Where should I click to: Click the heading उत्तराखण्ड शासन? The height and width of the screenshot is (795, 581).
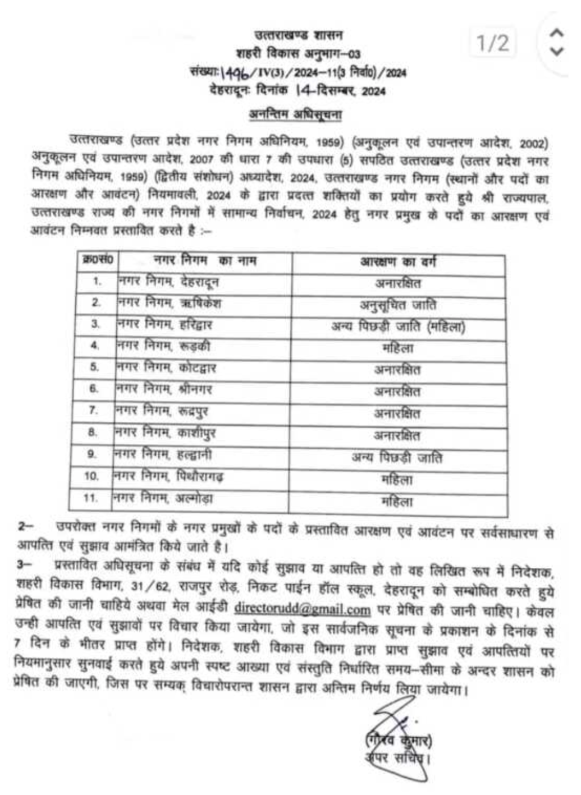298,35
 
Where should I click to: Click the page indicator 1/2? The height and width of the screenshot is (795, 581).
493,43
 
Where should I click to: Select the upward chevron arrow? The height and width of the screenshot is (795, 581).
556,33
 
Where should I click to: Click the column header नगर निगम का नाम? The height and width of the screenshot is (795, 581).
205,261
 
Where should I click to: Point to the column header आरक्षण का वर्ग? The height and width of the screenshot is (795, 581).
398,262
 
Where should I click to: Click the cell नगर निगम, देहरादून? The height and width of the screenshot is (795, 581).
168,282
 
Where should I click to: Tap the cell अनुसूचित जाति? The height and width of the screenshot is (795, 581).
397,305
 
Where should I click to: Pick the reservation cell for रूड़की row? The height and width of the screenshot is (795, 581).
397,348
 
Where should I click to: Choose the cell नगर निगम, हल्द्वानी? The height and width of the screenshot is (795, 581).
163,454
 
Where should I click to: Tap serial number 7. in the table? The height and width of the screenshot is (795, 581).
93,411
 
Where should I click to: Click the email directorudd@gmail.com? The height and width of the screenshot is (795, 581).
303,609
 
